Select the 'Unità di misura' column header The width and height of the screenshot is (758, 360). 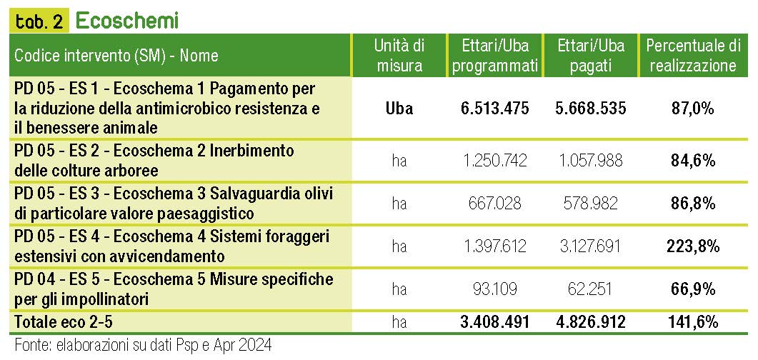pyautogui.click(x=399, y=56)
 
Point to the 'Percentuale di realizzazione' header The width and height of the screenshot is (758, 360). pyautogui.click(x=692, y=56)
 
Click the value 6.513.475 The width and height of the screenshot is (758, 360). pyautogui.click(x=495, y=109)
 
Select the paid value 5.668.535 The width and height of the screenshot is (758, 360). pyautogui.click(x=590, y=109)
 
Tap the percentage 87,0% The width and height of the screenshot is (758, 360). pyautogui.click(x=692, y=109)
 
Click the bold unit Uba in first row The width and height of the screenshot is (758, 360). pyautogui.click(x=399, y=109)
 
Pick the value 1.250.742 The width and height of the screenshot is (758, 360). pyautogui.click(x=495, y=161)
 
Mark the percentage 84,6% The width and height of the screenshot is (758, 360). pyautogui.click(x=692, y=161)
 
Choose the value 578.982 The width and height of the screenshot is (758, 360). pyautogui.click(x=590, y=204)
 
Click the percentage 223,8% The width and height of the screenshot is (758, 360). pyautogui.click(x=692, y=246)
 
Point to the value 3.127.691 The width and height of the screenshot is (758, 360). pyautogui.click(x=590, y=246)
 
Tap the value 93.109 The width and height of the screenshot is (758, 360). pyautogui.click(x=495, y=289)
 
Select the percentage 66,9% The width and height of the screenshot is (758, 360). pyautogui.click(x=692, y=289)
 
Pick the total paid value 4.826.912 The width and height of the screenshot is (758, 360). pyautogui.click(x=590, y=322)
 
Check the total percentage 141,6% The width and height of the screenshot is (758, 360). pyautogui.click(x=692, y=322)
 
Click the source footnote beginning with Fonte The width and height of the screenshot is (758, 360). pyautogui.click(x=143, y=346)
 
